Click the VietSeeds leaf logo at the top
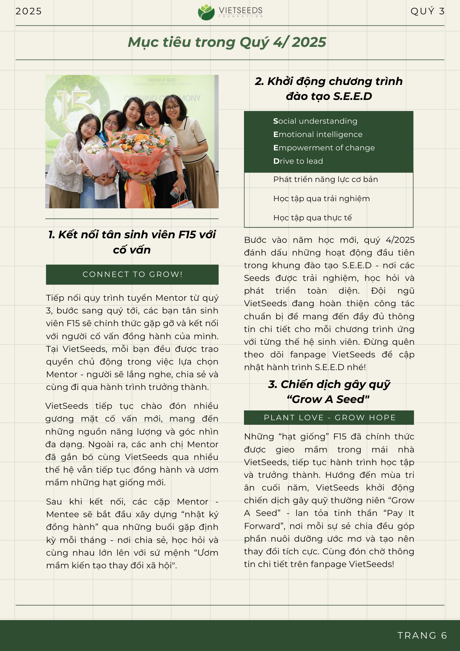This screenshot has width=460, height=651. [x=206, y=12]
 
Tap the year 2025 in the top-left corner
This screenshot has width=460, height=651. [x=29, y=11]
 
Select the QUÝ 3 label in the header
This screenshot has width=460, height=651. [x=427, y=11]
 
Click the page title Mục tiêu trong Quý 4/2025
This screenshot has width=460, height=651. [x=227, y=42]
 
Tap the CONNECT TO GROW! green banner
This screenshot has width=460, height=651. [x=132, y=274]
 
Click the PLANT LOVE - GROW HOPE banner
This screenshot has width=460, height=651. [x=329, y=418]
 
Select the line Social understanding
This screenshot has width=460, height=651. [x=315, y=121]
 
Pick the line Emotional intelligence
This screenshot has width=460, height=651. [x=318, y=134]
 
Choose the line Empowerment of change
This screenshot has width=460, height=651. [x=324, y=148]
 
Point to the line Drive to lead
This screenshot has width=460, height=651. [x=298, y=161]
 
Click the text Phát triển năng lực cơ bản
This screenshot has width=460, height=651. [x=325, y=179]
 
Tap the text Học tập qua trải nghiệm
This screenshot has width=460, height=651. [x=321, y=199]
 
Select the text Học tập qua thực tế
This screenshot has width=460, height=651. [x=312, y=218]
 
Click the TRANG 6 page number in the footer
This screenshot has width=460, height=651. [x=422, y=635]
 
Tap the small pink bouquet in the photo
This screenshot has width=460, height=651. [x=95, y=156]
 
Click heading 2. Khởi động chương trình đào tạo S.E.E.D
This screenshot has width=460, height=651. [x=329, y=89]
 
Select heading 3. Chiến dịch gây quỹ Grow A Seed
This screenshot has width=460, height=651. [x=329, y=392]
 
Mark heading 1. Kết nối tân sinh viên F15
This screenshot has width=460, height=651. [x=132, y=242]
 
